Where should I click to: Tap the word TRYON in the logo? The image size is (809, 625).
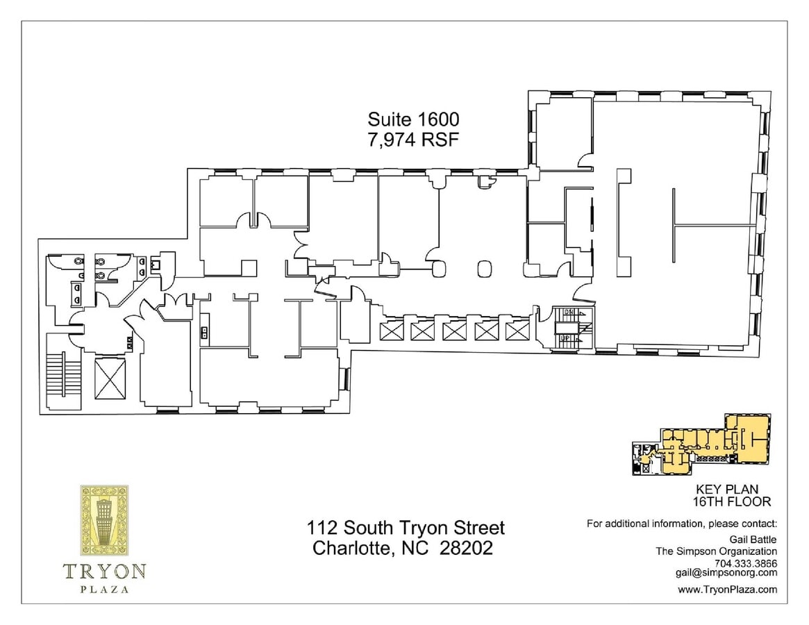coord(104,572)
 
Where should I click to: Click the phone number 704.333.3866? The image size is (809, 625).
coord(747,564)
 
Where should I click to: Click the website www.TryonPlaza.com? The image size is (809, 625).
coord(727,590)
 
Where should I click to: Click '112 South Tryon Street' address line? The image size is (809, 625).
coord(406,528)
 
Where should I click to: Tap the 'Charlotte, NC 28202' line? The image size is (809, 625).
coord(403,548)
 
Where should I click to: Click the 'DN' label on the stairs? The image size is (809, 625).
coord(567,312)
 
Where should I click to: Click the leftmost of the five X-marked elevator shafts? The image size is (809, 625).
coord(391,331)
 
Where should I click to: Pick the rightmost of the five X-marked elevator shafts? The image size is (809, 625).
coord(517,331)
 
